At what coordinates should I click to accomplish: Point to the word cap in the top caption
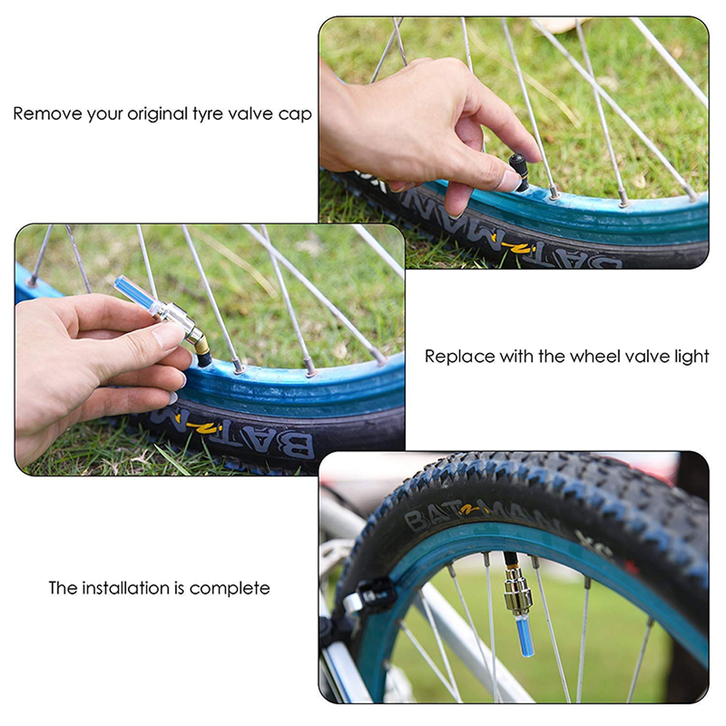pyautogui.click(x=297, y=115)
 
